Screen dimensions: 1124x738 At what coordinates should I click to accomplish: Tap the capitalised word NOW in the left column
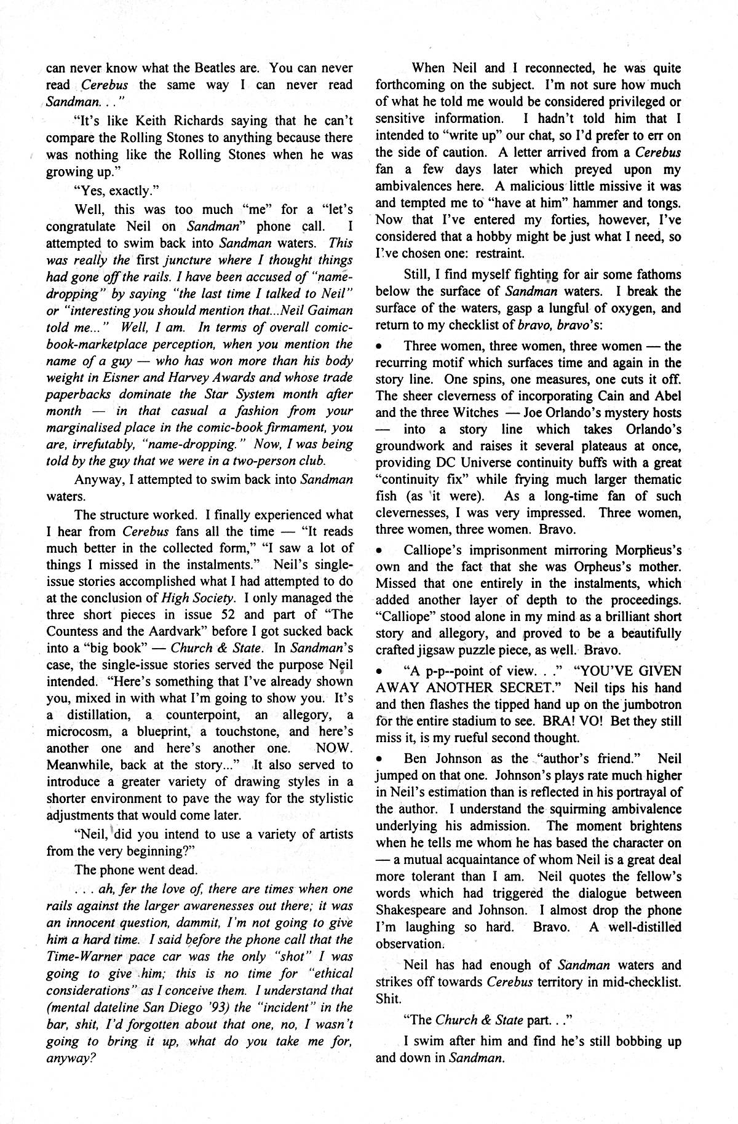[334, 748]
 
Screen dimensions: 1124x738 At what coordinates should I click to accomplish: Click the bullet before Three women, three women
[379, 347]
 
